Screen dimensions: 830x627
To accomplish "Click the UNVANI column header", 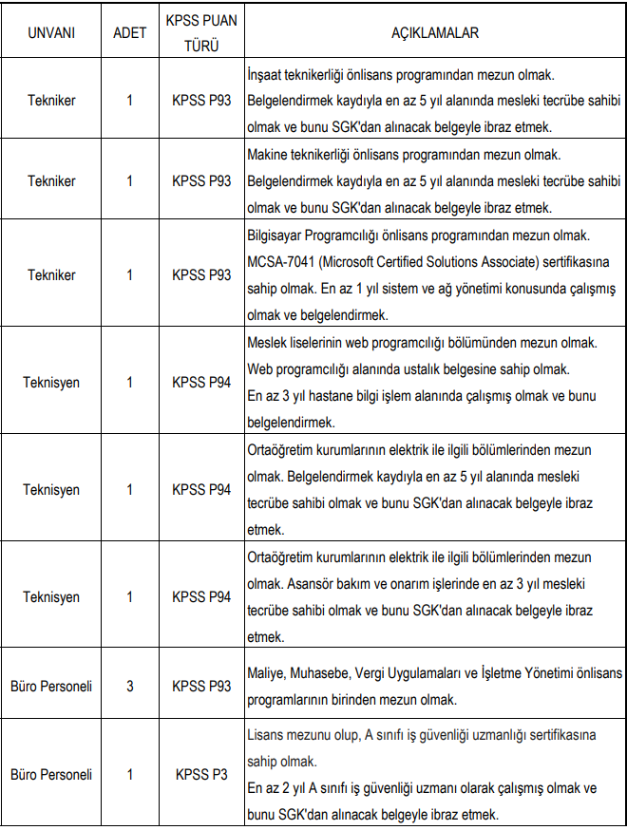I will (x=51, y=32).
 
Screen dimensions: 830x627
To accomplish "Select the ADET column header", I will (x=129, y=32).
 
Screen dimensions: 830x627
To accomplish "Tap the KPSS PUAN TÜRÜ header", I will (x=201, y=32).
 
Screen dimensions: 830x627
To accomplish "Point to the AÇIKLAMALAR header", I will (x=434, y=32).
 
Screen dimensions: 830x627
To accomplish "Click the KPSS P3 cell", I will (x=201, y=774).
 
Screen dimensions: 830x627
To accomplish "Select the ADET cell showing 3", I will (x=129, y=685).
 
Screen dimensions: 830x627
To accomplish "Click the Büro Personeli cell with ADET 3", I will (x=51, y=685).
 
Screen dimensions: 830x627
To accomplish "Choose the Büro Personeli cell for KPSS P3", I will (x=51, y=774).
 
